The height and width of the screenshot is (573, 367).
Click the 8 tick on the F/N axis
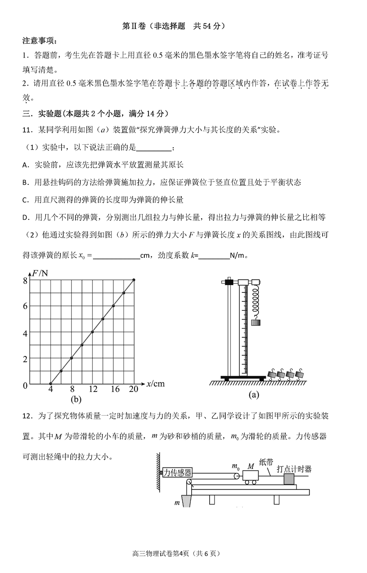(x=25, y=280)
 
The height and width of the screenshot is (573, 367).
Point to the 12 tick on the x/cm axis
(x=93, y=389)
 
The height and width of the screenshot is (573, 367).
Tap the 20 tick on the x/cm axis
(x=133, y=389)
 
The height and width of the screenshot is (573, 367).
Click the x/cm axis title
(x=155, y=384)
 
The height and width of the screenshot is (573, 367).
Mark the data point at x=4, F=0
(x=51, y=384)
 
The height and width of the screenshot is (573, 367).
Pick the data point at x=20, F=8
(x=134, y=280)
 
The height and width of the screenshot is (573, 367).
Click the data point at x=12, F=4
(x=92, y=332)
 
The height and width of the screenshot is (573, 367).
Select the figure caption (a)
(x=254, y=394)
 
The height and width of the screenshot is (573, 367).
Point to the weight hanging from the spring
(x=256, y=322)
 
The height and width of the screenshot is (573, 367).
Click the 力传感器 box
(x=177, y=473)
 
